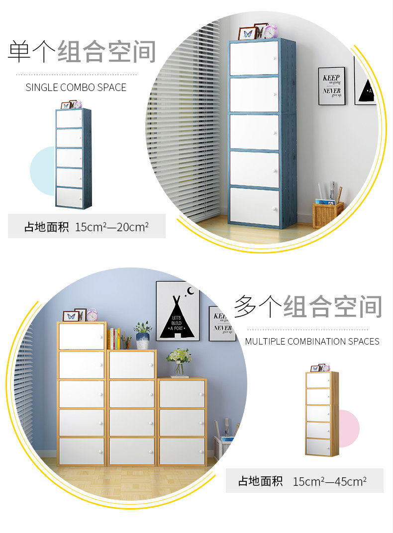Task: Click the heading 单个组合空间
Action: [82, 52]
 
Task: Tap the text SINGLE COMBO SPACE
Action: [76, 88]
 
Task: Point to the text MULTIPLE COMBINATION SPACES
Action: [312, 342]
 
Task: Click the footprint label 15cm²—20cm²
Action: [112, 228]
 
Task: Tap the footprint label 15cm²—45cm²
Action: [329, 481]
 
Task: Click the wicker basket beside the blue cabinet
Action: [327, 214]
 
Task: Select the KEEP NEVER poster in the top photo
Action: [331, 86]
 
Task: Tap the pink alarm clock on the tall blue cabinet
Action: [271, 31]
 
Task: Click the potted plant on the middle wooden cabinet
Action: [143, 335]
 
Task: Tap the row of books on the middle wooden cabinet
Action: [114, 339]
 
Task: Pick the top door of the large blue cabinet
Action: [254, 58]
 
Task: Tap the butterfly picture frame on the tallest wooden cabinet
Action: [71, 316]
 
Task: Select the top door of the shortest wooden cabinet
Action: [182, 394]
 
